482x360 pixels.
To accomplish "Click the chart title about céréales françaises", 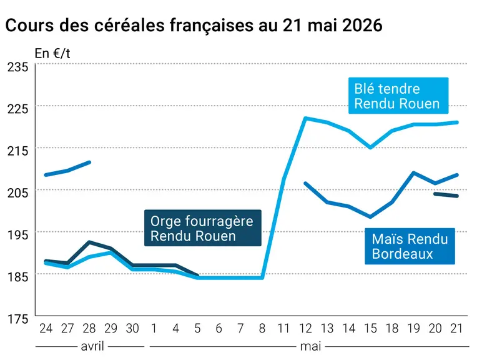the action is [194, 25].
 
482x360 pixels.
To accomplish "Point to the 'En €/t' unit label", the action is [52, 54].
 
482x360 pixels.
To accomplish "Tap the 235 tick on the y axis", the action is [17, 67].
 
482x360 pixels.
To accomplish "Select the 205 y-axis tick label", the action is [17, 193].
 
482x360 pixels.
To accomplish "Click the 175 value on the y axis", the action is [17, 319].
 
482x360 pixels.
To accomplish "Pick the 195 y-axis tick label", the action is [17, 235].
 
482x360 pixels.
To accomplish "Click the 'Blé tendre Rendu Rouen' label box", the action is [398, 96].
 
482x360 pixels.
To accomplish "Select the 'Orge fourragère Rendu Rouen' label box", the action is [203, 228].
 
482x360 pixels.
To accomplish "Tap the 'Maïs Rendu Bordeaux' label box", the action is [410, 246].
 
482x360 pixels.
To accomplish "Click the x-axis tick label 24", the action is [46, 328].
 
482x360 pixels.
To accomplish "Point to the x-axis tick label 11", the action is [283, 328].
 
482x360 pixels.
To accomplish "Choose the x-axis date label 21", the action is [456, 328].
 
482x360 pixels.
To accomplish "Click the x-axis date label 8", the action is [262, 328].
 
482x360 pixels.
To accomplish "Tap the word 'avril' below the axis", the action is [92, 346].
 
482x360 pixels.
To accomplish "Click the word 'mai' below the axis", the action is [310, 346].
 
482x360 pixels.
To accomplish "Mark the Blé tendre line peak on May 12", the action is [305, 118].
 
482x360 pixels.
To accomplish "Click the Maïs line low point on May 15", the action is [370, 217].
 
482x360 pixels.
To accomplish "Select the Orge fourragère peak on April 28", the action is [89, 242].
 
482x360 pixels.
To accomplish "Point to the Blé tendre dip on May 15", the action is [370, 147].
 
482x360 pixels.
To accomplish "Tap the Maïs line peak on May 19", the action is [414, 172].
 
